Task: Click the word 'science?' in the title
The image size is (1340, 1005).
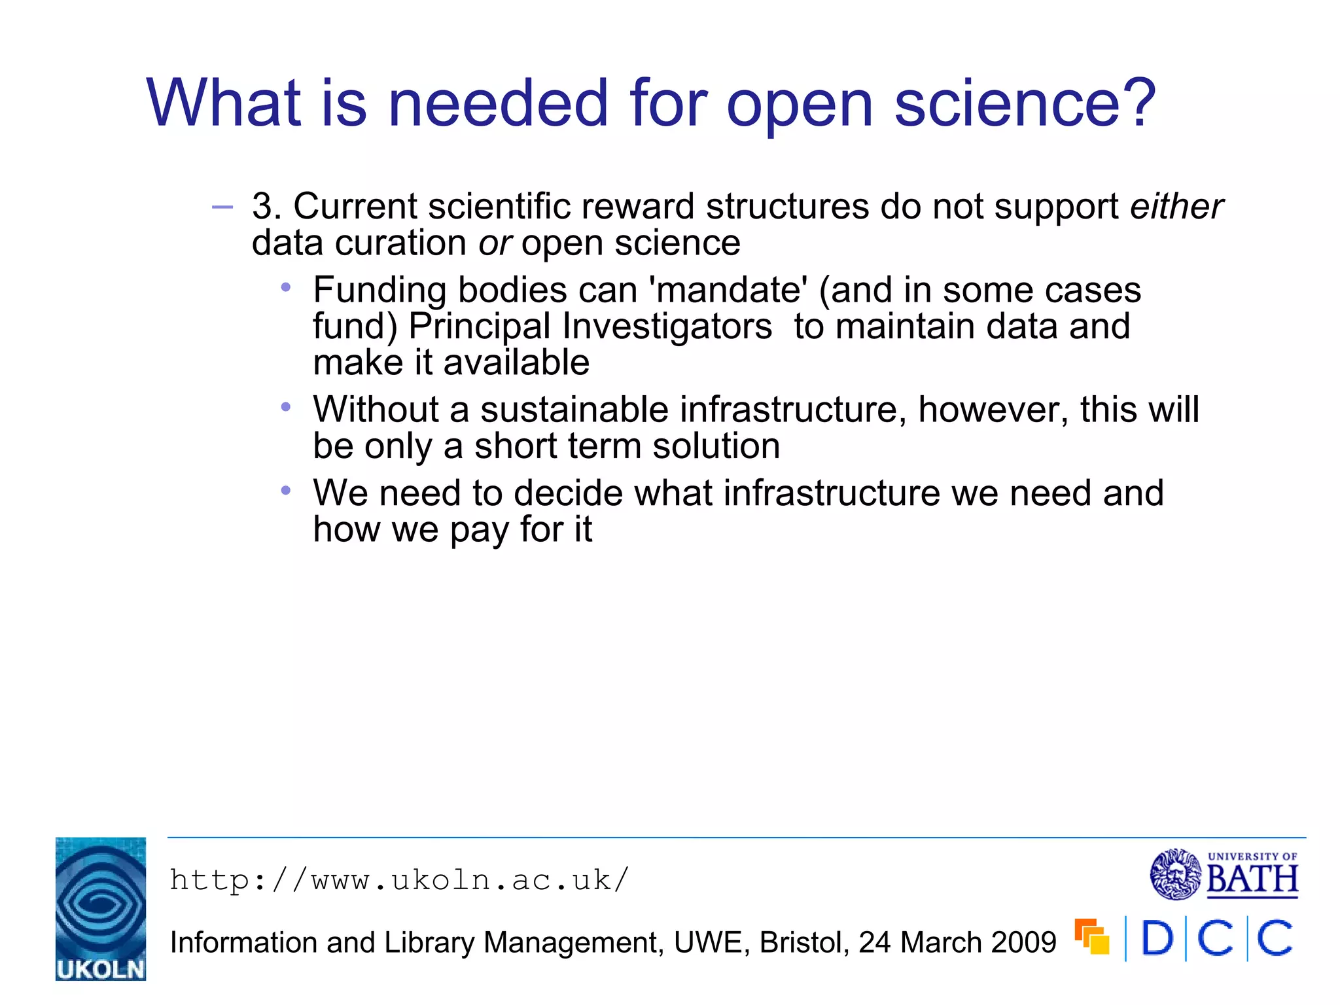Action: point(1025,103)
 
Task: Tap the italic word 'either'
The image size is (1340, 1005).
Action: point(1176,207)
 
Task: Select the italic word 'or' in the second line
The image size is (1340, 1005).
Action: point(495,243)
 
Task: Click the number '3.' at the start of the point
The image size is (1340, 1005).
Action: point(267,207)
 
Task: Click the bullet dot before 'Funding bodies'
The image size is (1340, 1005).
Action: point(286,287)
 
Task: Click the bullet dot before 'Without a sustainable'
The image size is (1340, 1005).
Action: point(286,407)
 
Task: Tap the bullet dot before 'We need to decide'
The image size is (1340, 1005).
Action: point(286,490)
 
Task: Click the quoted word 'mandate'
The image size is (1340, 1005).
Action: point(728,291)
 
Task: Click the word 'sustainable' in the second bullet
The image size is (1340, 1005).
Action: point(574,410)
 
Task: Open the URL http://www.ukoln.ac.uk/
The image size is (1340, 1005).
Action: point(399,880)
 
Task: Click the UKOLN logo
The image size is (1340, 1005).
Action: point(101,908)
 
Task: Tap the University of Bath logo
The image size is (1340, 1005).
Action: point(1224,874)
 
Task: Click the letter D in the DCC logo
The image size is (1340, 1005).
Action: point(1157,938)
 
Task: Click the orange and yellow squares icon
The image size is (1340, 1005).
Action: point(1091,937)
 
